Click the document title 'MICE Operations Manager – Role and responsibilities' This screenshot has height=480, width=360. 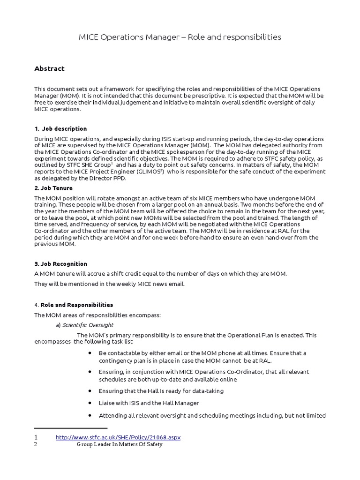pos(180,37)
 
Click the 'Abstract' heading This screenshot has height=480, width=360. pos(49,68)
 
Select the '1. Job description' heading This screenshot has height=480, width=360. pos(60,128)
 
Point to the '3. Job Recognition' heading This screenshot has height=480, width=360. pos(60,264)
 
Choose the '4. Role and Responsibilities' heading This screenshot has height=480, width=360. pos(74,305)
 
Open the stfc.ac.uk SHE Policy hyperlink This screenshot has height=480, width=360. pos(118,437)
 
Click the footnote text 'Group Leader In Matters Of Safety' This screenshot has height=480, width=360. pos(120,444)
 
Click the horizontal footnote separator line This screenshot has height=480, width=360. pos(71,428)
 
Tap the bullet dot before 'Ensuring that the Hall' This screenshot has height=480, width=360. pos(90,390)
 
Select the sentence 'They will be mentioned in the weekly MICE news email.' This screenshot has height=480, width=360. pos(109,284)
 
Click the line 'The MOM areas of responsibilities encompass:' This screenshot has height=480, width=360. pos(97,315)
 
